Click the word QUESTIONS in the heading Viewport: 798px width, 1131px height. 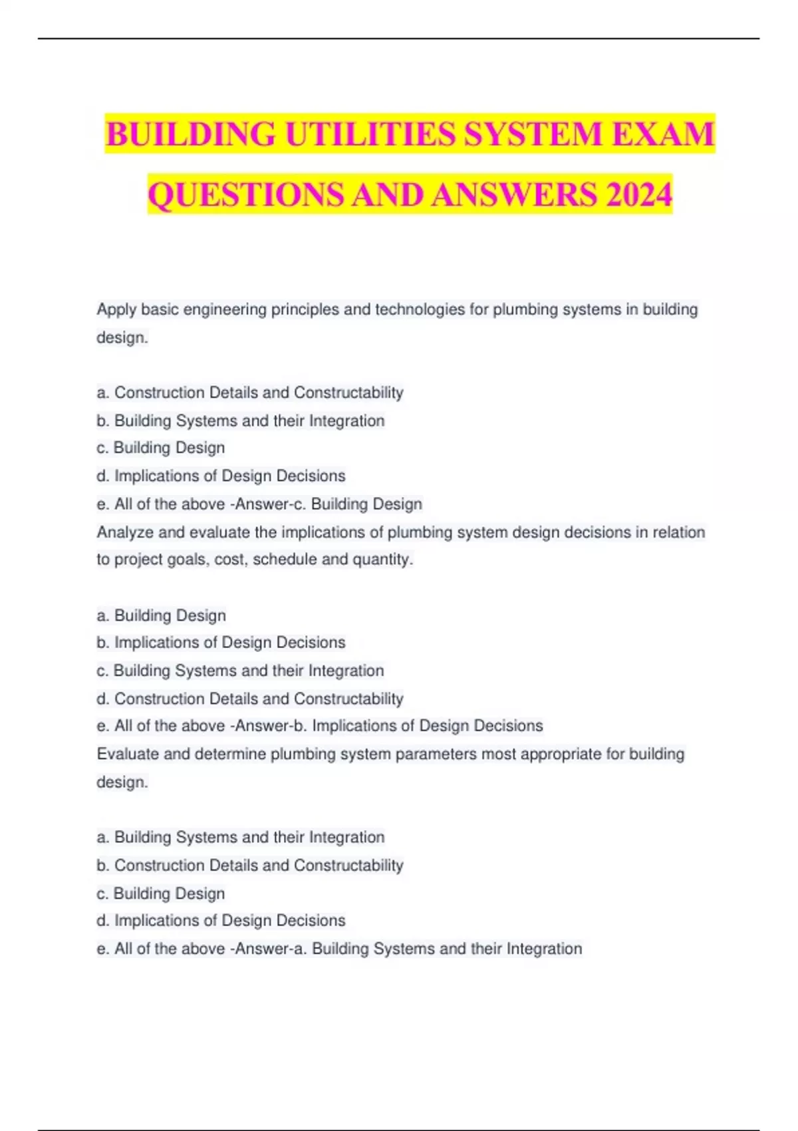246,195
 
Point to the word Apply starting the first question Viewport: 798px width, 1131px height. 116,310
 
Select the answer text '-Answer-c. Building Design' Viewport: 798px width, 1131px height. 326,504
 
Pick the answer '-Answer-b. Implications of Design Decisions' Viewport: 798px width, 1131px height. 386,726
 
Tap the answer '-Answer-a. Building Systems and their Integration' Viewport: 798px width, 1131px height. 406,949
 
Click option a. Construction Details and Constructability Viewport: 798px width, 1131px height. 250,393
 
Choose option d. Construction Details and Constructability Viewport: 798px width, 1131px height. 250,699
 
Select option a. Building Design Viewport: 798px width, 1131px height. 162,615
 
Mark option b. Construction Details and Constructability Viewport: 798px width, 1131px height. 250,866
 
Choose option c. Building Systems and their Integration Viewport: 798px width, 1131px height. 240,671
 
